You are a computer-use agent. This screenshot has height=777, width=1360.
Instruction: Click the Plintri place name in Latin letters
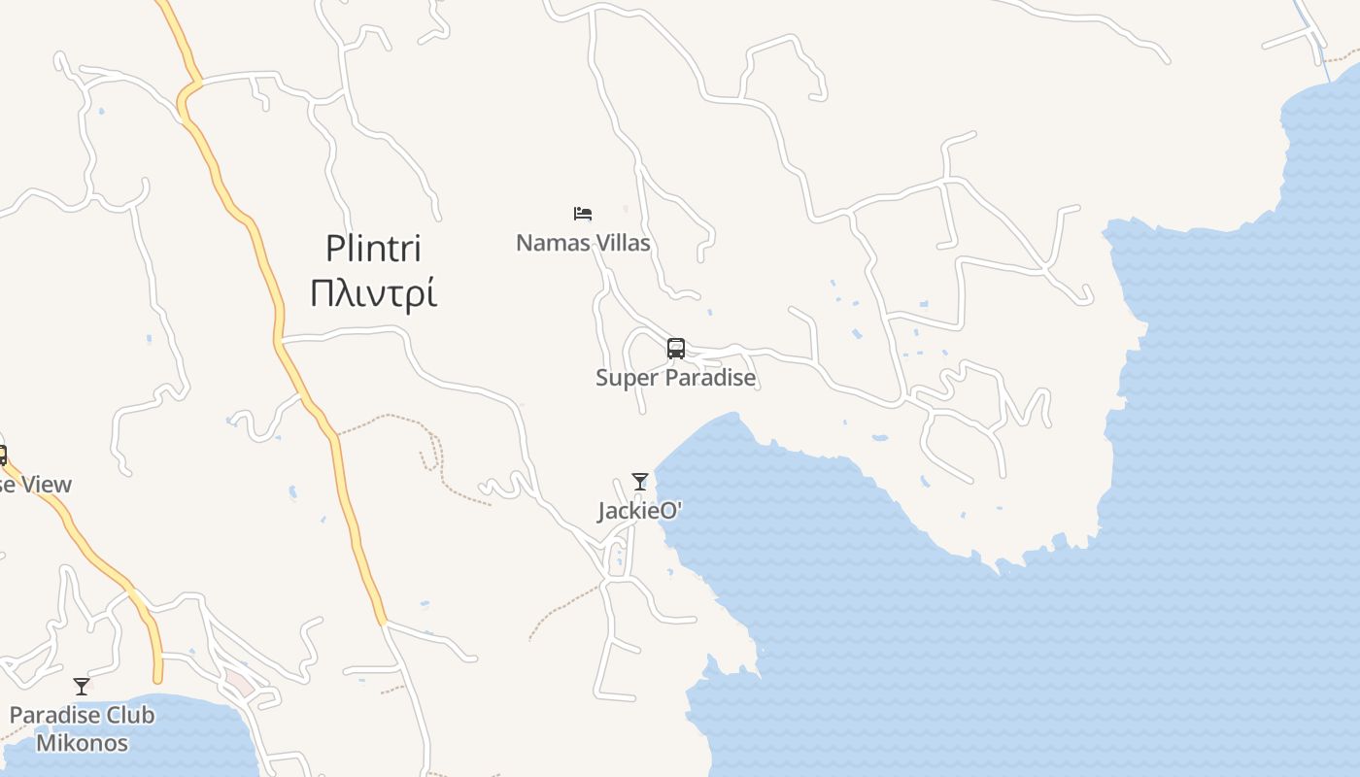[373, 249]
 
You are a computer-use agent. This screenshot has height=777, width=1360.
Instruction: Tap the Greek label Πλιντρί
[373, 292]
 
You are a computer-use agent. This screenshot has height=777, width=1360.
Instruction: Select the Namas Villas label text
[583, 243]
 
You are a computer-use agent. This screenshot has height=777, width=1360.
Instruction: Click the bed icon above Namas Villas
[583, 214]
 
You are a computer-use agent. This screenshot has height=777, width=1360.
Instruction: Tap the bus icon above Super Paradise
[676, 348]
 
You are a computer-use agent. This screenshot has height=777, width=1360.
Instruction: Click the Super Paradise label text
[676, 378]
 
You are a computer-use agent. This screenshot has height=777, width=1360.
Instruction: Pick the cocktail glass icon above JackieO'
[639, 481]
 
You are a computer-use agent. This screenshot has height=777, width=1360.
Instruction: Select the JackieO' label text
[639, 511]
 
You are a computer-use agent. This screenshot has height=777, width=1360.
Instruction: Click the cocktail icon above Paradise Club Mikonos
[82, 687]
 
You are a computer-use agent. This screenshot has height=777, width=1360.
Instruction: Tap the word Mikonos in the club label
[82, 744]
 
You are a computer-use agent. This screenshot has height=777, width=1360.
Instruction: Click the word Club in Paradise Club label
[129, 716]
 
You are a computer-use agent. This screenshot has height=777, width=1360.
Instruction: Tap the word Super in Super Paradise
[624, 378]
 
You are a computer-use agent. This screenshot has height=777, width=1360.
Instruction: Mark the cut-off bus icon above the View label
[3, 455]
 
